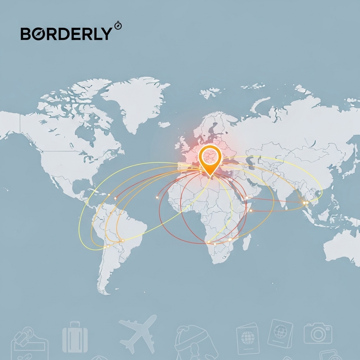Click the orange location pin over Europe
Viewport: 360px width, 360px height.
tap(210, 158)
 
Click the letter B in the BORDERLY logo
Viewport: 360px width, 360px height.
tap(27, 34)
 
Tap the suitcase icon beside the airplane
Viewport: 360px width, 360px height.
tap(75, 337)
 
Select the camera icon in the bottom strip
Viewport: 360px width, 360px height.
tap(318, 333)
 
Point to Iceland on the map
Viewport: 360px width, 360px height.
tap(164, 124)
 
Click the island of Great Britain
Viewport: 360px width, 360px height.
tap(183, 142)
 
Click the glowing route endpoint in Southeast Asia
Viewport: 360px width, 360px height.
tap(304, 202)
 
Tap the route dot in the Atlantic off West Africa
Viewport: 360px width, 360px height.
tap(157, 198)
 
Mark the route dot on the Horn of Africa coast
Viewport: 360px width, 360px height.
tap(251, 210)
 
